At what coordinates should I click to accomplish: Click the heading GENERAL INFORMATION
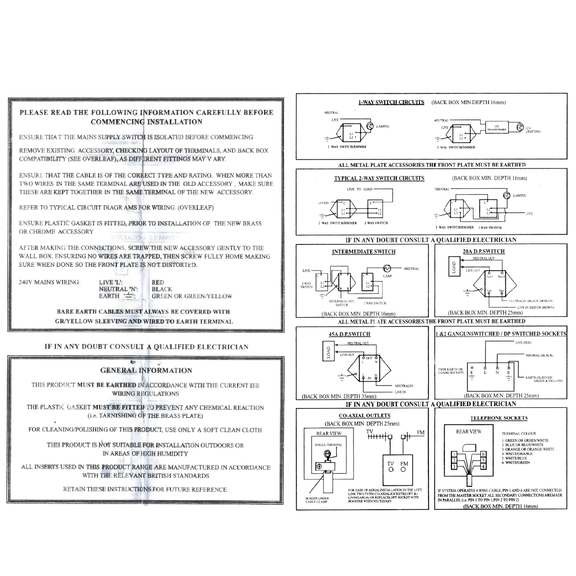[146, 370]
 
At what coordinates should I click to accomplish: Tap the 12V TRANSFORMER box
[497, 128]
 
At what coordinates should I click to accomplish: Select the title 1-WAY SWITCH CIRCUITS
[391, 102]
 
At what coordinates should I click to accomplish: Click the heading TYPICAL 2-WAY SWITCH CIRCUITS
[379, 178]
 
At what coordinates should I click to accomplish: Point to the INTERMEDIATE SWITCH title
[363, 252]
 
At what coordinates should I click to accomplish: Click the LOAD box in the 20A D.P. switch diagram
[454, 268]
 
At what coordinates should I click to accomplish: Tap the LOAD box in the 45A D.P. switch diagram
[328, 352]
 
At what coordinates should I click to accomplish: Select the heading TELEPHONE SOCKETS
[499, 418]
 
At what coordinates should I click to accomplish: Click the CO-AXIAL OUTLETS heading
[364, 415]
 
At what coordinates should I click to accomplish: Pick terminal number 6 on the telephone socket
[483, 454]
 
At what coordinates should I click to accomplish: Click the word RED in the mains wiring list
[158, 282]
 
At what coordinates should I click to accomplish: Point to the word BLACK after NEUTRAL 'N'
[162, 289]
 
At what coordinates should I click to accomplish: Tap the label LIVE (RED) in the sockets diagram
[523, 342]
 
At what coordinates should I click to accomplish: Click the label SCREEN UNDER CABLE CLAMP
[317, 500]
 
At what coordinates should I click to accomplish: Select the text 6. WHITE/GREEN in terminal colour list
[516, 463]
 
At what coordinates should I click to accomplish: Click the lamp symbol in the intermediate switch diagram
[387, 268]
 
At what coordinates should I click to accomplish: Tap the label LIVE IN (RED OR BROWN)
[535, 307]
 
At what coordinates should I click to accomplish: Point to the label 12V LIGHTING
[533, 130]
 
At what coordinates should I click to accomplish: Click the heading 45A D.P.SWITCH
[349, 334]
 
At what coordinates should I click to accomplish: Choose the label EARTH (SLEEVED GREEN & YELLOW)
[543, 379]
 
